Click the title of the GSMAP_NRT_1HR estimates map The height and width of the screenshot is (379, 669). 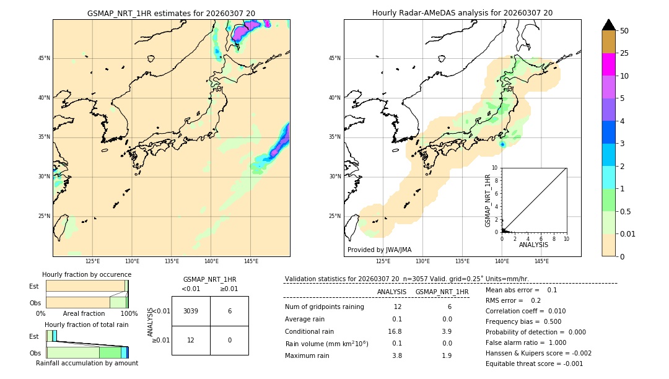(x=171, y=13)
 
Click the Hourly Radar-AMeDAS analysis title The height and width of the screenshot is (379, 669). (x=462, y=13)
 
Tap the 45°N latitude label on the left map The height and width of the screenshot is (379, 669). (x=44, y=58)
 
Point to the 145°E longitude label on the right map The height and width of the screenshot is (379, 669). (x=541, y=261)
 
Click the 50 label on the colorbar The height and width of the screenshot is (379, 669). (x=624, y=30)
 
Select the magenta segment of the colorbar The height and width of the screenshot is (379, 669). (x=608, y=64)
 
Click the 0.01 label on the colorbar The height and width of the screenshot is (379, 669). (x=627, y=233)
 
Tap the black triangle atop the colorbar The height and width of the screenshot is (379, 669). (x=608, y=25)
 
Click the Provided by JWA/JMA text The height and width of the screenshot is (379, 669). (x=379, y=250)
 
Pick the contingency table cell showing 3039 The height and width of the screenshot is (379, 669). (x=191, y=311)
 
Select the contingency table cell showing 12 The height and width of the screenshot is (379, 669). (x=191, y=340)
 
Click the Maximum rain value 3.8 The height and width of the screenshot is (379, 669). (x=396, y=355)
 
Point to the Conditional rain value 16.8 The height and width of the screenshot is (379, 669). (x=395, y=331)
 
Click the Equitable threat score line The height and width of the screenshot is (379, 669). (x=534, y=364)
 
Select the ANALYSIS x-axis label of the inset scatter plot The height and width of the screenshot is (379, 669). (x=533, y=245)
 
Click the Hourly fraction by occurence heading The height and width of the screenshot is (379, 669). (x=87, y=274)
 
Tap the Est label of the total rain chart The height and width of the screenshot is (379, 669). (x=34, y=336)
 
